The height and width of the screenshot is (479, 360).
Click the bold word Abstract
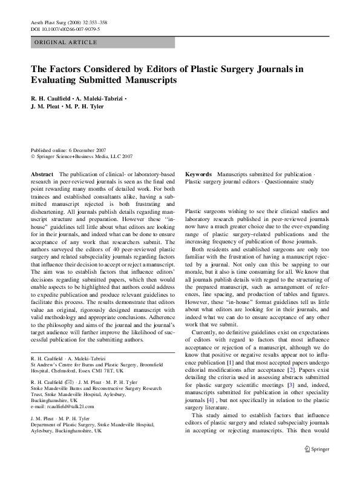[x=42, y=174]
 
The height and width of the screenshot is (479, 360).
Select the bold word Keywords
[x=198, y=174]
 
